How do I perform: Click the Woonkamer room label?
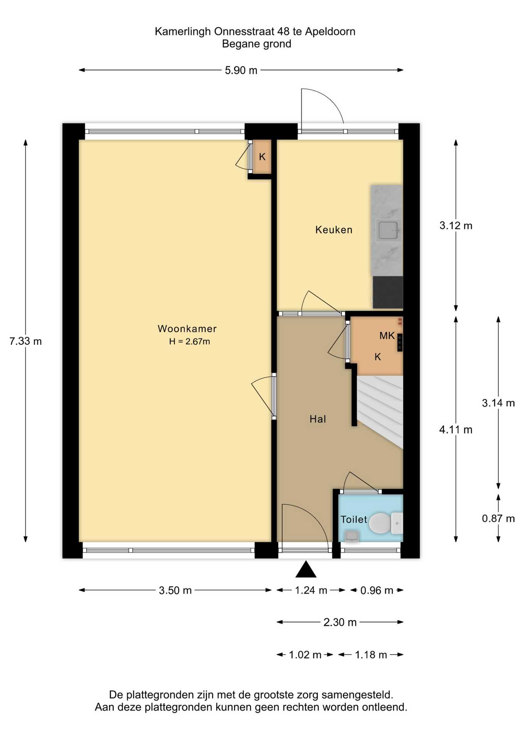click(x=187, y=329)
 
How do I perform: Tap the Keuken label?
click(x=334, y=230)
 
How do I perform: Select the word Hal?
click(x=318, y=419)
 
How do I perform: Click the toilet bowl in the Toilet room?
click(x=380, y=523)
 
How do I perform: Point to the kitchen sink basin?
click(x=388, y=230)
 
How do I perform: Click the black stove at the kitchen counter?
click(x=388, y=292)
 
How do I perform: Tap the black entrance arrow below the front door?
click(x=306, y=569)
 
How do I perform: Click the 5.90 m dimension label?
click(x=241, y=70)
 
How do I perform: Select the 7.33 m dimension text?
click(x=25, y=341)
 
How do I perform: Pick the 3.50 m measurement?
click(x=175, y=590)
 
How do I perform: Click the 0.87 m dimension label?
click(x=498, y=518)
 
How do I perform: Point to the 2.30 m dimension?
click(x=340, y=622)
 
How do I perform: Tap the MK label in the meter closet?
click(x=387, y=336)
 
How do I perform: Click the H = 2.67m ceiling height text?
click(x=189, y=341)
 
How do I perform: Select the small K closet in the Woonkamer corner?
click(x=262, y=157)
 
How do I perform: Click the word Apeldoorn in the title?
click(x=330, y=32)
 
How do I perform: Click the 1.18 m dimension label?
click(x=371, y=655)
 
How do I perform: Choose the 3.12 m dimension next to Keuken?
click(x=456, y=225)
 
